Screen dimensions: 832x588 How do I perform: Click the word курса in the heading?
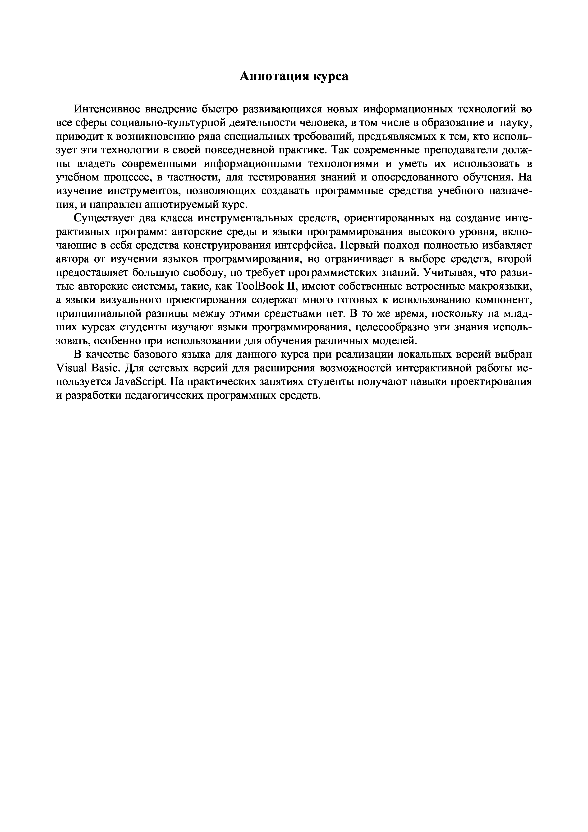pos(331,76)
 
